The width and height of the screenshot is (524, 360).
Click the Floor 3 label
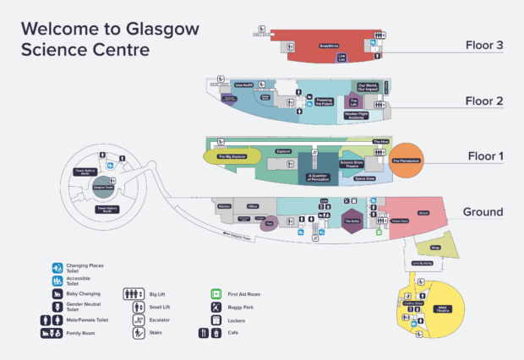pyautogui.click(x=484, y=45)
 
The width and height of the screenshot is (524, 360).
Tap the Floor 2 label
pyautogui.click(x=484, y=101)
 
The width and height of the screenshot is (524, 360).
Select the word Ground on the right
pyautogui.click(x=483, y=212)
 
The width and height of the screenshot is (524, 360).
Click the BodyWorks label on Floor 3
pyautogui.click(x=329, y=46)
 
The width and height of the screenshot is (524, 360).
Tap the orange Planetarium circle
pyautogui.click(x=407, y=160)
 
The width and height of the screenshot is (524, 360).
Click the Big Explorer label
pyautogui.click(x=232, y=156)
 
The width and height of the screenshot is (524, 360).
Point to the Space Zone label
pyautogui.click(x=365, y=178)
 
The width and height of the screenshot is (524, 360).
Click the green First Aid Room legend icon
pyautogui.click(x=216, y=294)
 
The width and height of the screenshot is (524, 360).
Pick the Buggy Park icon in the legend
pyautogui.click(x=216, y=307)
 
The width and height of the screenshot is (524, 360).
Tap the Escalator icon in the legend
pyautogui.click(x=137, y=320)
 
